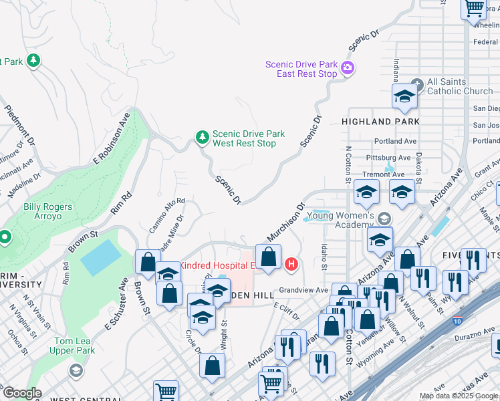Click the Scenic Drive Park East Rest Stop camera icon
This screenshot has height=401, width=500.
347,68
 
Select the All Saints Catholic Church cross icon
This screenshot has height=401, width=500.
418,86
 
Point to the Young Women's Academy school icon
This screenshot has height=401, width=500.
384,219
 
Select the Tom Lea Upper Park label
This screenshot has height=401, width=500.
75,346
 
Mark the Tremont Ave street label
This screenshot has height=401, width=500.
384,174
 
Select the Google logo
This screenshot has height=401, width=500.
22,392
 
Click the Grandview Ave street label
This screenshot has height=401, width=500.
303,290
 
